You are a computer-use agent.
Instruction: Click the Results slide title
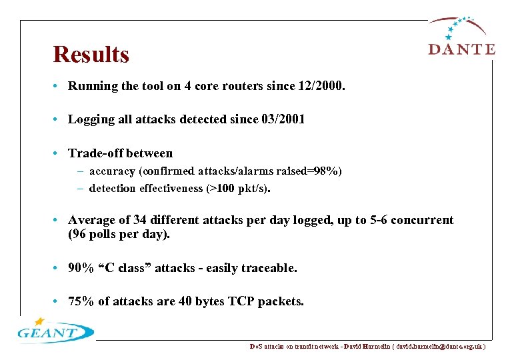pos(91,55)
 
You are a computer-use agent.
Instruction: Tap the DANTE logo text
pos(461,49)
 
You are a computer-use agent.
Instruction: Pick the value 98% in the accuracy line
pos(325,171)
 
